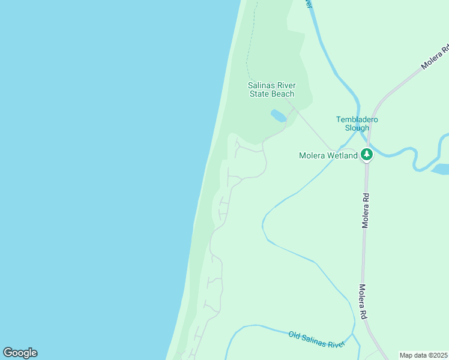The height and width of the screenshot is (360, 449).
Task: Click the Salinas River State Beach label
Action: pyautogui.click(x=271, y=89)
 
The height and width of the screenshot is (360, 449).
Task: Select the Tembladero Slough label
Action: pyautogui.click(x=357, y=123)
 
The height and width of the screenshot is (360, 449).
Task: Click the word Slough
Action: pyautogui.click(x=357, y=127)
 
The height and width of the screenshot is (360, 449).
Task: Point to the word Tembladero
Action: pyautogui.click(x=357, y=119)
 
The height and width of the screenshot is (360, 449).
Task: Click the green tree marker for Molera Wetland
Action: pyautogui.click(x=367, y=155)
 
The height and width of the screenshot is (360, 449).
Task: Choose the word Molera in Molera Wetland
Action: pyautogui.click(x=312, y=155)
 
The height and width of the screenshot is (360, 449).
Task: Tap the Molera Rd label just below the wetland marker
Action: pyautogui.click(x=365, y=210)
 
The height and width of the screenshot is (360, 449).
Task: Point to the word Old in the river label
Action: pyautogui.click(x=294, y=335)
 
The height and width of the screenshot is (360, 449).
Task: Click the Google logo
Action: pyautogui.click(x=20, y=353)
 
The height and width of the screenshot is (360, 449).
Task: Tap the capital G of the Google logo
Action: pyautogui.click(x=8, y=353)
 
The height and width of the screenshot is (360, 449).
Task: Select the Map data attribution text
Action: pyautogui.click(x=423, y=355)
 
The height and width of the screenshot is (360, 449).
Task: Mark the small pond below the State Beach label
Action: pyautogui.click(x=278, y=115)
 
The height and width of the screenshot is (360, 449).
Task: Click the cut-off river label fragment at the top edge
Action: pyautogui.click(x=309, y=3)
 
